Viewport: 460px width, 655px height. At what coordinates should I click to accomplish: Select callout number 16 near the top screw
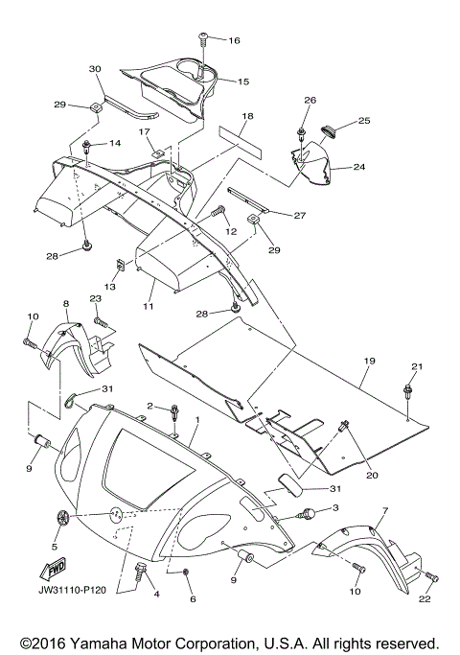pyautogui.click(x=234, y=40)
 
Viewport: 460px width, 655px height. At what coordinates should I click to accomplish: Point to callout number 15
pyautogui.click(x=243, y=82)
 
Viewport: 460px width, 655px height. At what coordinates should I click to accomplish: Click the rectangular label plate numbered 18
pyautogui.click(x=241, y=143)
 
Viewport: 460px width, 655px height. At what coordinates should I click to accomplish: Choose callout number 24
pyautogui.click(x=359, y=167)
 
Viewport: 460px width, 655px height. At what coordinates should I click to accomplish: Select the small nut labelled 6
pyautogui.click(x=186, y=571)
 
